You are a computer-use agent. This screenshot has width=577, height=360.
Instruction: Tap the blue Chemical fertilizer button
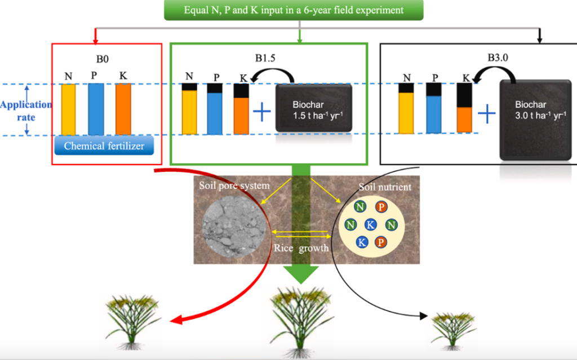[x=104, y=146]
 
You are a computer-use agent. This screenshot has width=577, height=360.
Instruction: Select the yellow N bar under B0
[x=69, y=109]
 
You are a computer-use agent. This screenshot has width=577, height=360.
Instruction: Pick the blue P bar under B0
[x=96, y=109]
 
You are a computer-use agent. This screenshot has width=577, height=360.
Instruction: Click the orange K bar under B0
[x=123, y=109]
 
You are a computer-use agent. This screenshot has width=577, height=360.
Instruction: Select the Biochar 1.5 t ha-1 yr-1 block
[x=314, y=109]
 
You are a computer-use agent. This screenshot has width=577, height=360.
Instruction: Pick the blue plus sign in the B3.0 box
[x=486, y=114]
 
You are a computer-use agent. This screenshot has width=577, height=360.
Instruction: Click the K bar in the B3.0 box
[x=464, y=108]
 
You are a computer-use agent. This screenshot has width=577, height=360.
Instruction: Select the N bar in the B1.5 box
[x=189, y=109]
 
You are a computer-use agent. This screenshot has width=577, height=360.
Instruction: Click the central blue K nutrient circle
[x=370, y=224]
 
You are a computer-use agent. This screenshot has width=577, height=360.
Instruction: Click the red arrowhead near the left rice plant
[x=176, y=320]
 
